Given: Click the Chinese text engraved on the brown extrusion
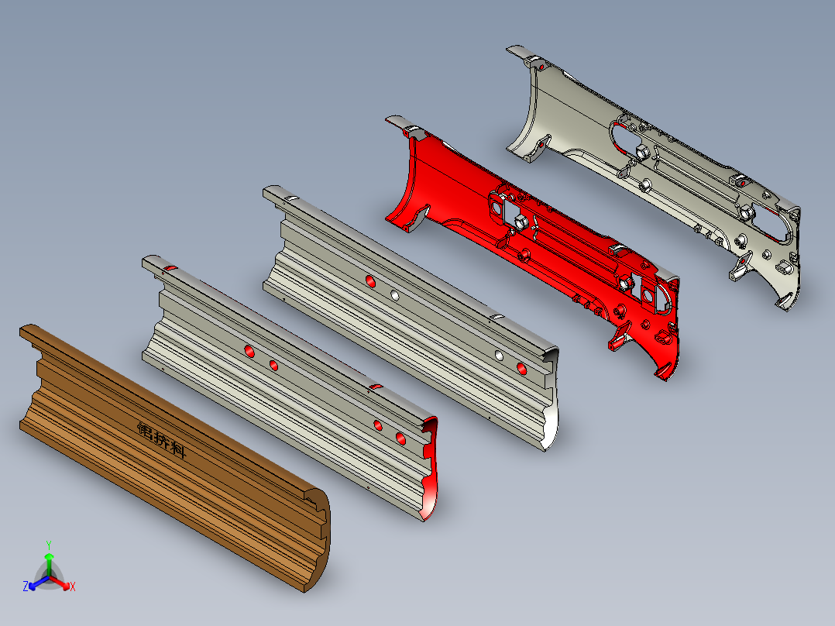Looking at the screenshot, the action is (x=162, y=439).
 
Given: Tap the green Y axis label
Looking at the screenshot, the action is (x=49, y=545).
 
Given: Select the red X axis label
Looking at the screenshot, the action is (x=73, y=586).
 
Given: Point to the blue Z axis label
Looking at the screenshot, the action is (x=26, y=586).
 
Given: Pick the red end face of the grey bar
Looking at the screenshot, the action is (x=431, y=469).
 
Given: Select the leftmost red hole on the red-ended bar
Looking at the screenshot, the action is (x=249, y=351).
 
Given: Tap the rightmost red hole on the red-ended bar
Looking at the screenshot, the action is (x=400, y=439).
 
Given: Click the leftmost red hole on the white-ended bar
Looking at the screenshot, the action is (x=370, y=281).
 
